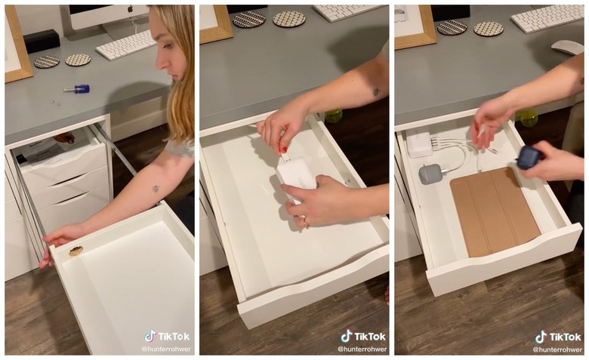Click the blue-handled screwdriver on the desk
(77, 89)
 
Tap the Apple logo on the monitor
(131, 8)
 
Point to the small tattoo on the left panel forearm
(156, 189)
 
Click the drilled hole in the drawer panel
(76, 251)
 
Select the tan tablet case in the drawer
(495, 211)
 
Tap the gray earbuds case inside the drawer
(430, 174)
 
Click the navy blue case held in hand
(528, 157)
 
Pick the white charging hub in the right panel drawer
(420, 144)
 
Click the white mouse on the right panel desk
(567, 47)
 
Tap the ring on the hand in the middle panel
(306, 223)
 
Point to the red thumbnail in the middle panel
(285, 149)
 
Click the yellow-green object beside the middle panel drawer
(334, 116)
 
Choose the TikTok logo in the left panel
(150, 336)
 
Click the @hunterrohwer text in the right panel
(557, 349)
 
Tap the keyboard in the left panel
(126, 45)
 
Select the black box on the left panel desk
(42, 41)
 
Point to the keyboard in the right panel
(547, 19)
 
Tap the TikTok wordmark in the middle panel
(370, 337)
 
